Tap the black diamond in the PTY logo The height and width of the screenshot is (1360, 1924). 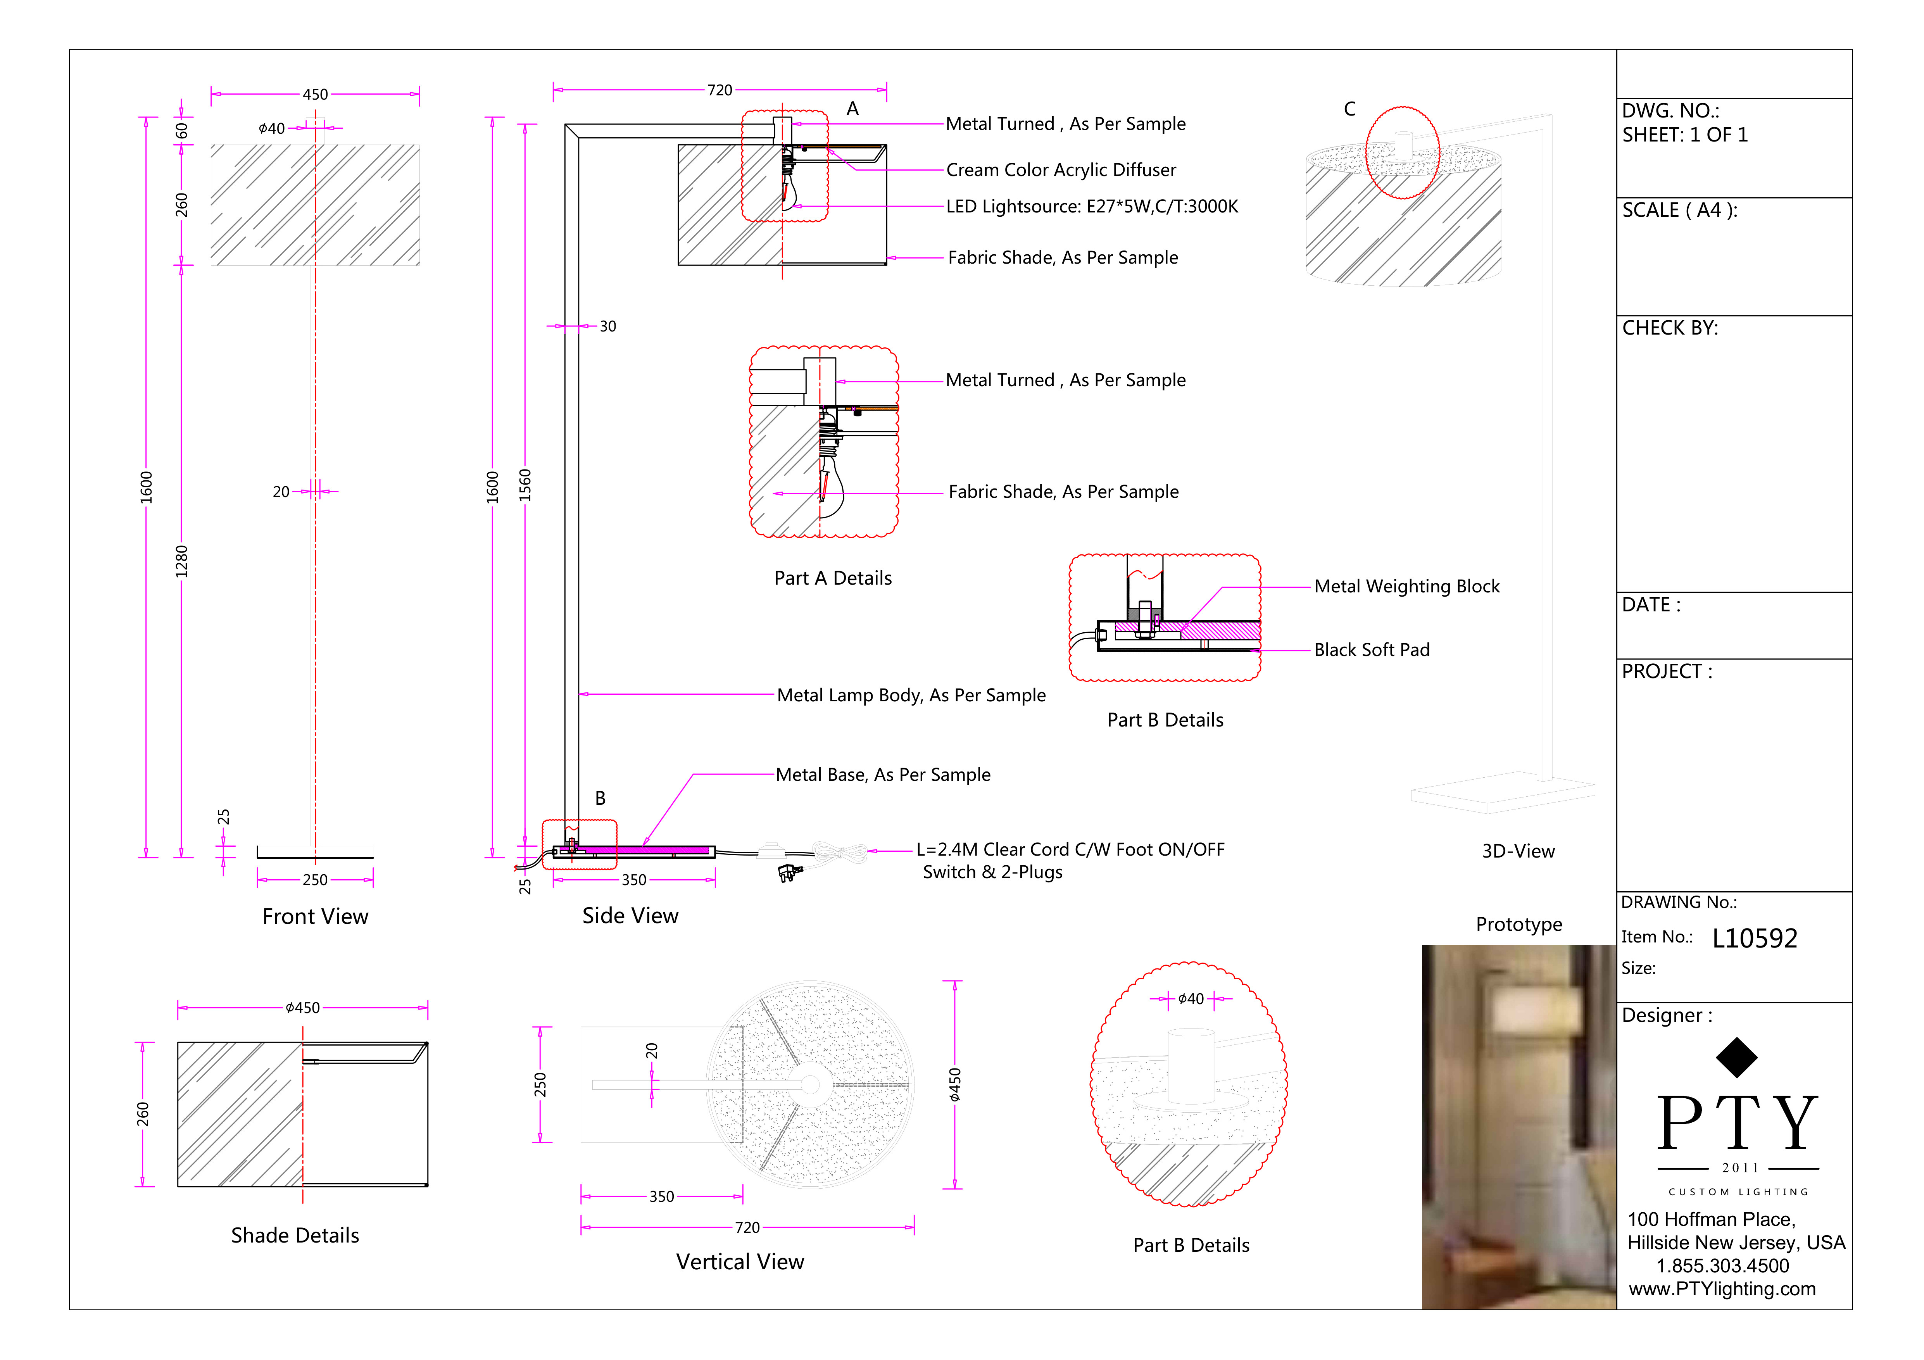coord(1736,1058)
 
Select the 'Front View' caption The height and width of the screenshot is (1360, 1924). coord(315,917)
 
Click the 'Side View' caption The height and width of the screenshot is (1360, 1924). coord(630,916)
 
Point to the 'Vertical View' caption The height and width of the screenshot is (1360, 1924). coord(740,1262)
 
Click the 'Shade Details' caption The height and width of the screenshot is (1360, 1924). coord(295,1236)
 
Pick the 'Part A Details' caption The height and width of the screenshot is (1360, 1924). coord(833,578)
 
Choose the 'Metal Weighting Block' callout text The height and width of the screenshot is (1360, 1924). coord(1407,587)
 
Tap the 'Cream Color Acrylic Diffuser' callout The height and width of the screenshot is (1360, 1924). coord(1061,170)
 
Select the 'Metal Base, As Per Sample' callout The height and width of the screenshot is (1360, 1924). coord(883,775)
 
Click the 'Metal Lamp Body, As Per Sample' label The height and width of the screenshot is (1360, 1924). coord(912,696)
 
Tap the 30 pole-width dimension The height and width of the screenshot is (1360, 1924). coord(607,327)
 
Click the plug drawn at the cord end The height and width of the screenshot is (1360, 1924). coord(789,873)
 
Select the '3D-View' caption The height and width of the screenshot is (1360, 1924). coord(1518,851)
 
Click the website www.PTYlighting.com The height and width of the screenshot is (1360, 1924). coord(1722,1289)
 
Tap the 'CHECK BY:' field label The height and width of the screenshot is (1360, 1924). coord(1670,328)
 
